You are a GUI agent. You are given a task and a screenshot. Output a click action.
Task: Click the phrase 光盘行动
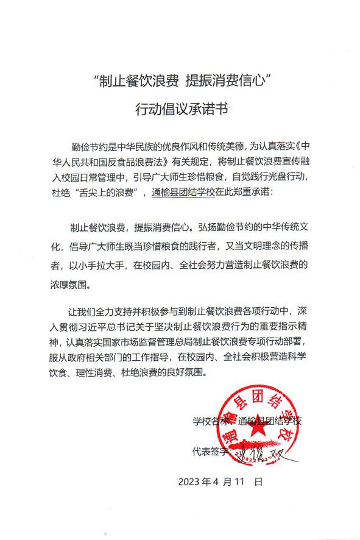(290, 178)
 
